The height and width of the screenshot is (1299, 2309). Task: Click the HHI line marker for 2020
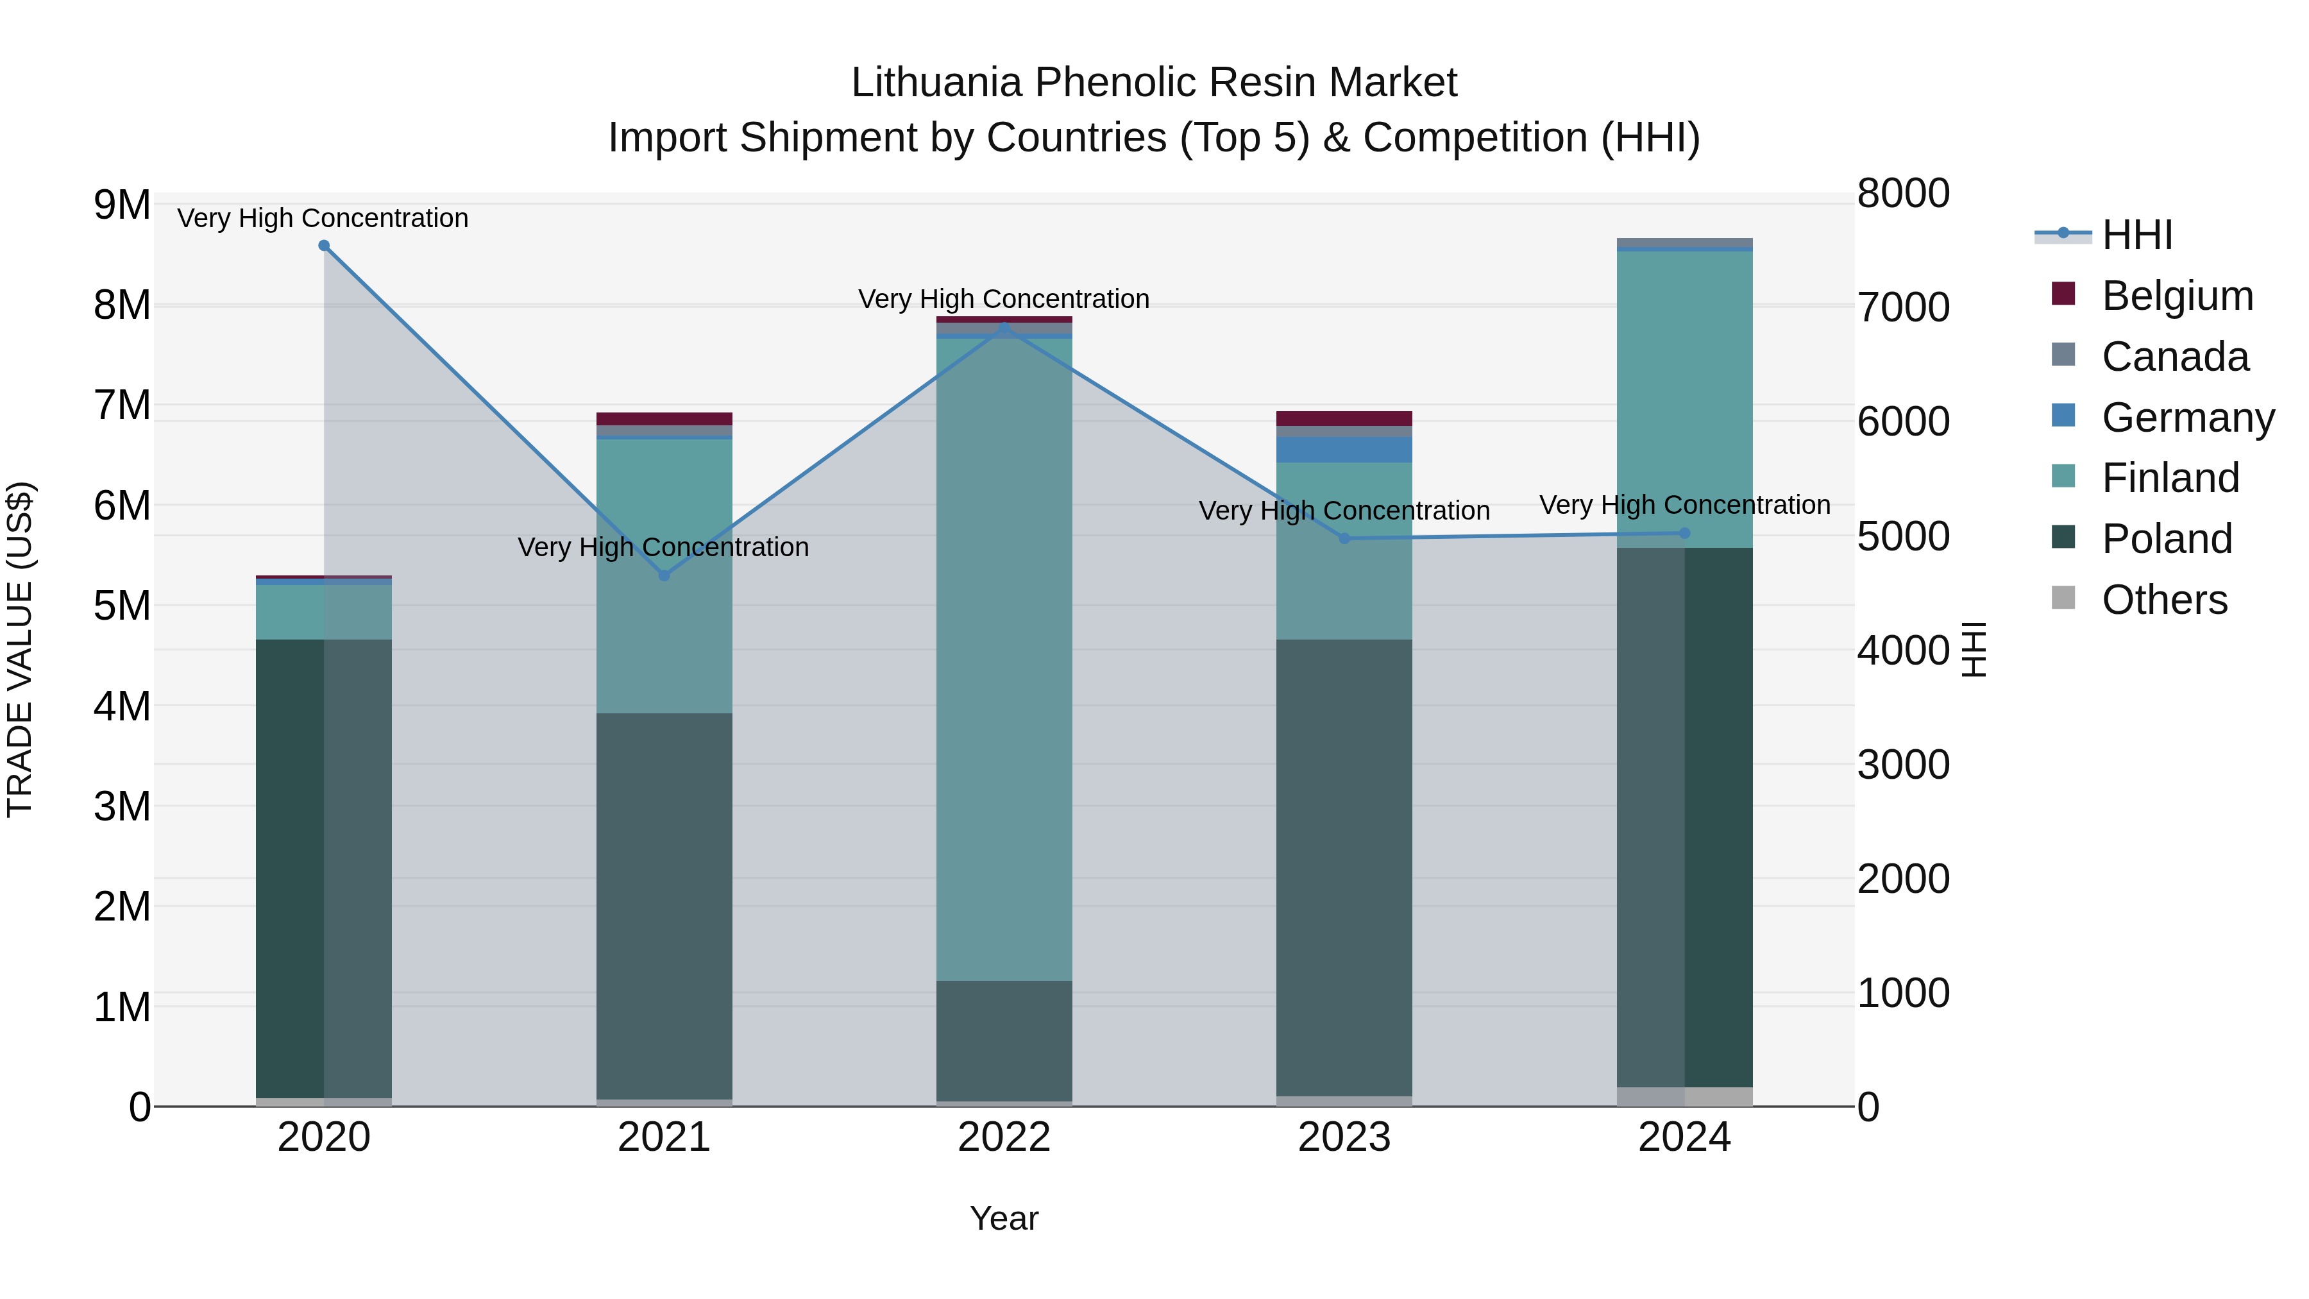[324, 246]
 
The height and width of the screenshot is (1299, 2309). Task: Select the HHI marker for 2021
[664, 575]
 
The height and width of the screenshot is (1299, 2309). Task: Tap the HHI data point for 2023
[1344, 539]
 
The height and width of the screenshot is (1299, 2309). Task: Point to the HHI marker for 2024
[1684, 534]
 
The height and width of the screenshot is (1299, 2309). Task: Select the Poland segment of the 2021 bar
[664, 905]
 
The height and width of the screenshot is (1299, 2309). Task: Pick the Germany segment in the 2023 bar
[1344, 450]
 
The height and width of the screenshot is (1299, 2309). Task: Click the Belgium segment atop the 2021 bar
[664, 419]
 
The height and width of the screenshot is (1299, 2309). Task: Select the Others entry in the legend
[2164, 600]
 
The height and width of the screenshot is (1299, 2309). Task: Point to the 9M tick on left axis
[122, 205]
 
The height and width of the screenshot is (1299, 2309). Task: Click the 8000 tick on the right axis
[1903, 194]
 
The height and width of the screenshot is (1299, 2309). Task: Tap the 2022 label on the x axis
[1004, 1137]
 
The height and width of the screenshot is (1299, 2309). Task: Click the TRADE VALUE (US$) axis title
[20, 649]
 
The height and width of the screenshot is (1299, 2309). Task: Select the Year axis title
[1004, 1218]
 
